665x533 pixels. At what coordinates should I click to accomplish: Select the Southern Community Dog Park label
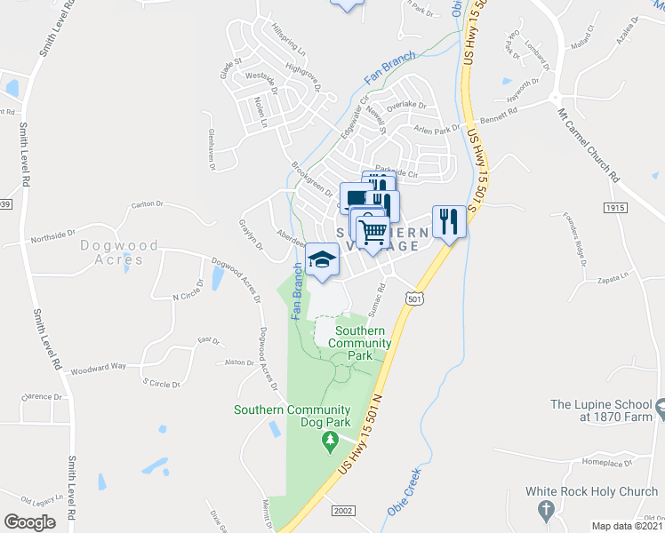[x=293, y=416]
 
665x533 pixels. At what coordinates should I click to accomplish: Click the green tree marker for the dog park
[x=331, y=440]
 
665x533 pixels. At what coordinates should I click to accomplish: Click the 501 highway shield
[x=413, y=300]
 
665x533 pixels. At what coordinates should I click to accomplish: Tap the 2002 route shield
[x=343, y=510]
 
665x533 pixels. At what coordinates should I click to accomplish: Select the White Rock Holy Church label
[x=590, y=491]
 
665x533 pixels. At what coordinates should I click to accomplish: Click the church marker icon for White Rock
[x=548, y=510]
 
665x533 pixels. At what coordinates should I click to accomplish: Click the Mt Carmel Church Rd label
[x=588, y=150]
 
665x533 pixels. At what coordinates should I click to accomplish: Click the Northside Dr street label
[x=48, y=236]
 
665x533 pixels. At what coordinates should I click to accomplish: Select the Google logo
[x=30, y=521]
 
